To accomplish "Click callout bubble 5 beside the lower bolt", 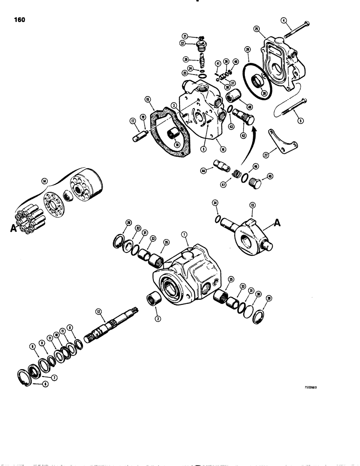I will tap(300, 120).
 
